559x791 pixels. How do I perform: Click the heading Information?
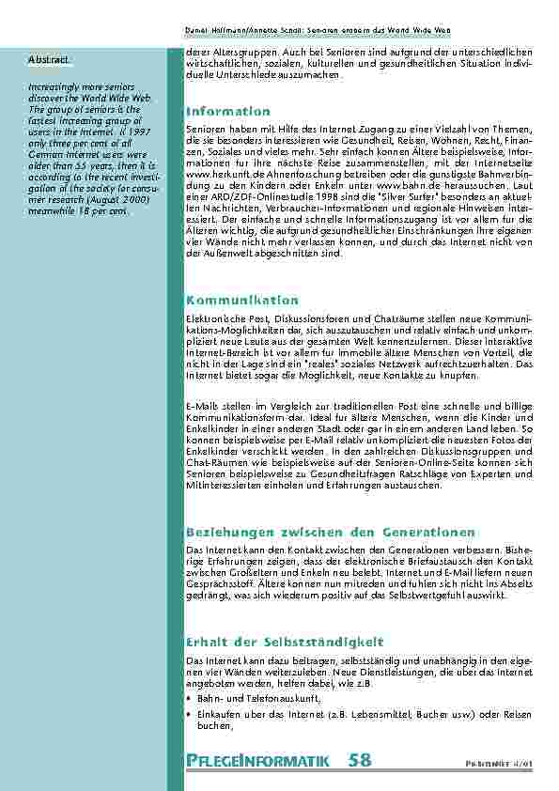(228, 112)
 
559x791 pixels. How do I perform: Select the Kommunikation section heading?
(242, 301)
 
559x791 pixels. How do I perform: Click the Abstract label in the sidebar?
(48, 59)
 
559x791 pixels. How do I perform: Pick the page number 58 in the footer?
(359, 761)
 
